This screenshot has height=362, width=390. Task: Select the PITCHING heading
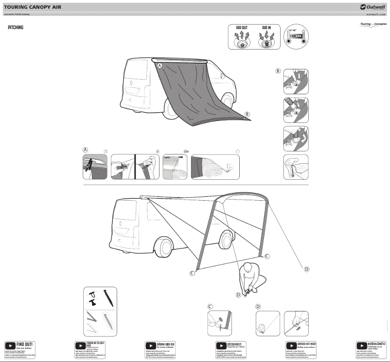pos(16,28)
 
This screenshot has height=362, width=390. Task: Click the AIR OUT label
pos(242,28)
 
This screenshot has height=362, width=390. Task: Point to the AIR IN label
pos(267,28)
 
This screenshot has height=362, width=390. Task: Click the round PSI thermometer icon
pos(297,36)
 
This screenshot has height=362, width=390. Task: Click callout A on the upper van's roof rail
pos(160,65)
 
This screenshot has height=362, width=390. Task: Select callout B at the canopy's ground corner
pos(247,114)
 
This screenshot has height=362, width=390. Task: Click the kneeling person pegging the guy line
pos(251,277)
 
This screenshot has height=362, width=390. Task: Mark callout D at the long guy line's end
pos(306,269)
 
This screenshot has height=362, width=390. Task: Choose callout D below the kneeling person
pos(238,295)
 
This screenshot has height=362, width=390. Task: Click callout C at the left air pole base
pos(192,274)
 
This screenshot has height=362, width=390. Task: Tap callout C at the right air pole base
pos(266,256)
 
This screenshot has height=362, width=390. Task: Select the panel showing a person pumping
pos(296,167)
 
